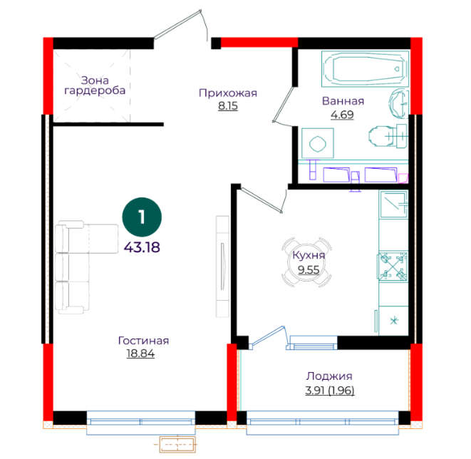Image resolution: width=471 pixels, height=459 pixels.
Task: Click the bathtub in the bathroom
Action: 365,69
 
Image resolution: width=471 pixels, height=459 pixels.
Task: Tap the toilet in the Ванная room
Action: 388,136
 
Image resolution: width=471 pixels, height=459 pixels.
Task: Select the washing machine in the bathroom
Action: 318,143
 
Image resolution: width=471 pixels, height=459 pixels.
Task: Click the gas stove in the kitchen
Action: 393,267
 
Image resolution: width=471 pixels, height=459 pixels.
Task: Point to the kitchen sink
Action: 393,205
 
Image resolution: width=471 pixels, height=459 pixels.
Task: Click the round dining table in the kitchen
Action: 306,262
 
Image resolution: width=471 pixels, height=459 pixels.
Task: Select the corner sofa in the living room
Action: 86,267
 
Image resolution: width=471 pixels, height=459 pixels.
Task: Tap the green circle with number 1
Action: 142,217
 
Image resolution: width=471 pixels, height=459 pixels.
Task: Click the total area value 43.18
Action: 142,247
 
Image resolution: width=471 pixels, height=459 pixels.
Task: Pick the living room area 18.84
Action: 140,354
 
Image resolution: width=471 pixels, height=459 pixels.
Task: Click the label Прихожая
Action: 228,93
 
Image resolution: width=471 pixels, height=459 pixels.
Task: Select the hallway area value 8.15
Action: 228,106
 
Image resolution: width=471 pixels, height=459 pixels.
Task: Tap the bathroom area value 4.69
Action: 342,115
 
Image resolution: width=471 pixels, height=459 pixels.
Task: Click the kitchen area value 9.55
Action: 309,269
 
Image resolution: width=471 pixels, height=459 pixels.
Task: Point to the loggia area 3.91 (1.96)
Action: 330,390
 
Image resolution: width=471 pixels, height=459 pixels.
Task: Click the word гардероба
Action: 95,91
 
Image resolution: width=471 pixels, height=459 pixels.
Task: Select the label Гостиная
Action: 143,341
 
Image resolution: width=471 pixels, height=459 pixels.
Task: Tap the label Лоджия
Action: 329,376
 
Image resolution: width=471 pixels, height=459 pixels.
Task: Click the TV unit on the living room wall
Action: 222,267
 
